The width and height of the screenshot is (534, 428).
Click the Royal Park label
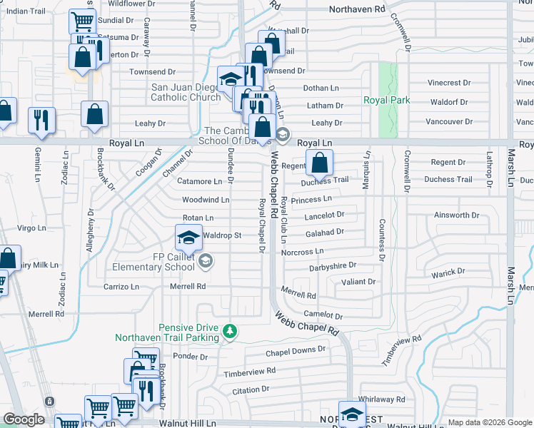[387, 101]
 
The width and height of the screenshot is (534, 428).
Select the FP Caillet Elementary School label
[153, 262]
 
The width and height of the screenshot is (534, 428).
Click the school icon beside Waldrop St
[188, 237]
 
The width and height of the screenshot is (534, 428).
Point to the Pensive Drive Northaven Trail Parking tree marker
[230, 332]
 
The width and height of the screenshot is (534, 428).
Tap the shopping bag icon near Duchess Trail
[318, 163]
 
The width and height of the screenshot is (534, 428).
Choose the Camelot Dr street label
[323, 315]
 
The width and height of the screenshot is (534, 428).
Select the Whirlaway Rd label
[382, 399]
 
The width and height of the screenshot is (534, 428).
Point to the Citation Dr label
[251, 389]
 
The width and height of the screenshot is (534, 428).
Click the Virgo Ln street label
[31, 228]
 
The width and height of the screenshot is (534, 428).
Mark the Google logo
[24, 419]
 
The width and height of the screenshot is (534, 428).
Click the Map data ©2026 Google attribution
[490, 422]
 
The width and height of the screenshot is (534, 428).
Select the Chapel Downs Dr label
[296, 350]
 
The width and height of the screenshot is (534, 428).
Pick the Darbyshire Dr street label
[332, 266]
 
